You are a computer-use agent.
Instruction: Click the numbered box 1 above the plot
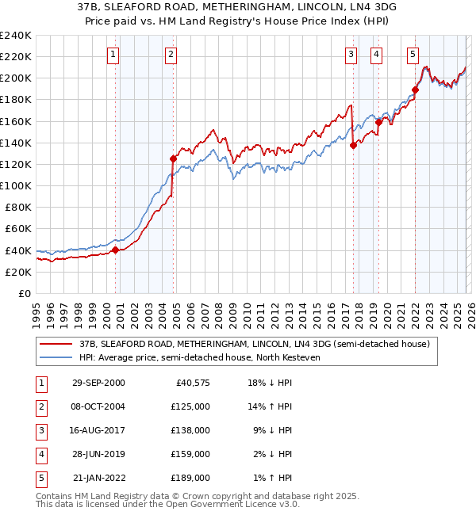(113, 55)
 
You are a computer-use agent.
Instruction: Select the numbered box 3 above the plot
(351, 55)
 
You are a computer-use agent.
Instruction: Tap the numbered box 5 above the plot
(413, 55)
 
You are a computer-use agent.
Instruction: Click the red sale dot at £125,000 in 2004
(172, 158)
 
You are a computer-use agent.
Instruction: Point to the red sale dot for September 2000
(115, 250)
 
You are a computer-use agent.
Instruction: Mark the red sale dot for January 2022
(415, 90)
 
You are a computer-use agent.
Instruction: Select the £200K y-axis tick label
(16, 78)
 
